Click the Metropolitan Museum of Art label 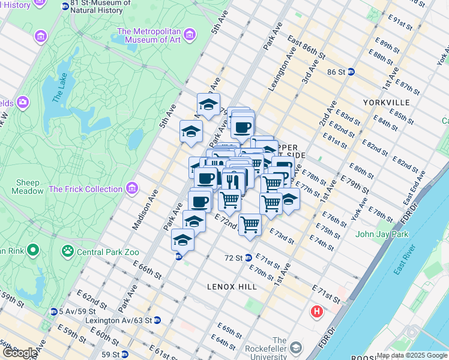pyautogui.click(x=149, y=36)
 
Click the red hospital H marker pyautogui.click(x=317, y=312)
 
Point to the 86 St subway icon pyautogui.click(x=351, y=72)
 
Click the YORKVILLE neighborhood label pyautogui.click(x=386, y=103)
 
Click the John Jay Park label pyautogui.click(x=382, y=234)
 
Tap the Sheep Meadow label pyautogui.click(x=28, y=187)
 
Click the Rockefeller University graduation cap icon pyautogui.click(x=296, y=348)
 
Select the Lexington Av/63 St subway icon pyautogui.click(x=157, y=320)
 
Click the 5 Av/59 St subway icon pyautogui.click(x=54, y=311)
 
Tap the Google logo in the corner pyautogui.click(x=20, y=353)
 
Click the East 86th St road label pyautogui.click(x=306, y=48)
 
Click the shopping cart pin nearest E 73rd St pyautogui.click(x=249, y=225)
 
